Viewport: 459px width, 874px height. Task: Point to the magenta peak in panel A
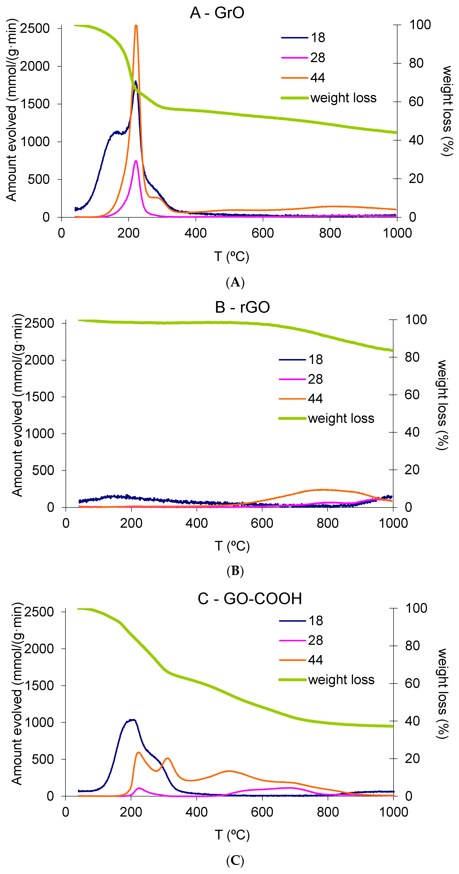[136, 161]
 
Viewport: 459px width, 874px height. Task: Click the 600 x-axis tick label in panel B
[262, 523]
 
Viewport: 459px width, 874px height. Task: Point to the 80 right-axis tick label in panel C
[412, 646]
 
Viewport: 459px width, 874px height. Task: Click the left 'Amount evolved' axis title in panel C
[17, 694]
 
